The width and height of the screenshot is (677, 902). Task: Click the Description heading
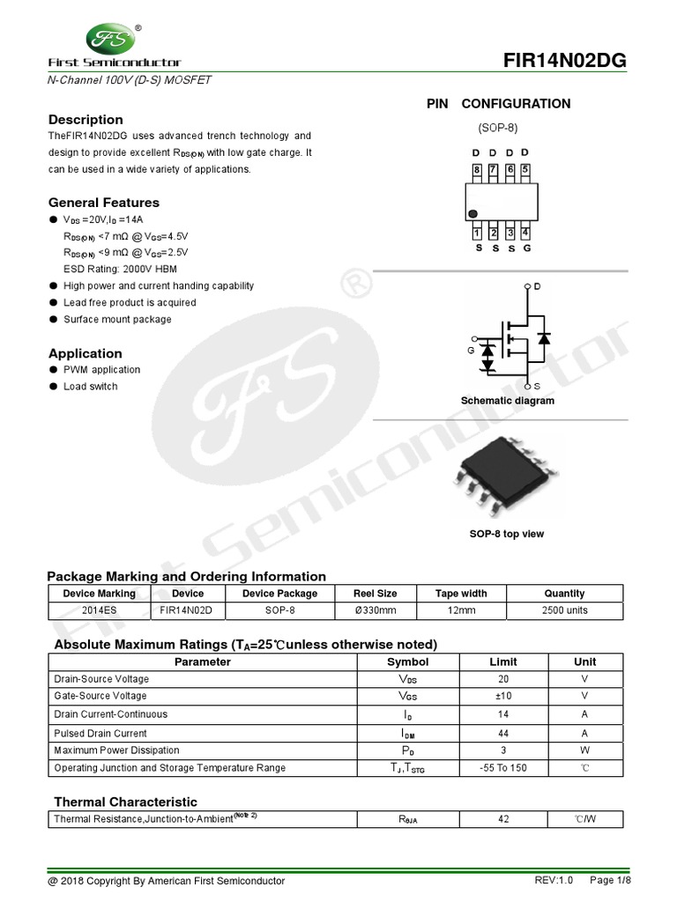click(86, 120)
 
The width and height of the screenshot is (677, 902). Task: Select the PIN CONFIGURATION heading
click(498, 104)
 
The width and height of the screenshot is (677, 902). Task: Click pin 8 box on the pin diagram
click(477, 170)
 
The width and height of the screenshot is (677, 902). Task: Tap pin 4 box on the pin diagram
click(525, 233)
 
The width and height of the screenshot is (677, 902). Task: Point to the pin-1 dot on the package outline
click(473, 214)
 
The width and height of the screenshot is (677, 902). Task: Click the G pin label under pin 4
click(526, 249)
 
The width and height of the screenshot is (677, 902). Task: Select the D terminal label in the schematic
click(537, 287)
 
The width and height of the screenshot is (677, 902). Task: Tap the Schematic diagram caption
click(508, 401)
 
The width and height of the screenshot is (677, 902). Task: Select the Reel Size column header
click(375, 594)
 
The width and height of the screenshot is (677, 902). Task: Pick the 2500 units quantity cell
click(564, 610)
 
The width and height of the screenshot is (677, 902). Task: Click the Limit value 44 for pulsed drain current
click(503, 733)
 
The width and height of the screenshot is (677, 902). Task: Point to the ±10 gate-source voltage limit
click(503, 696)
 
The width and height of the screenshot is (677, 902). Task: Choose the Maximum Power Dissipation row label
click(116, 750)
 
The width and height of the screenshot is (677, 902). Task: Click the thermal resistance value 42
click(503, 820)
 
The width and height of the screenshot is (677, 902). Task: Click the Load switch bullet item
click(90, 387)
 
